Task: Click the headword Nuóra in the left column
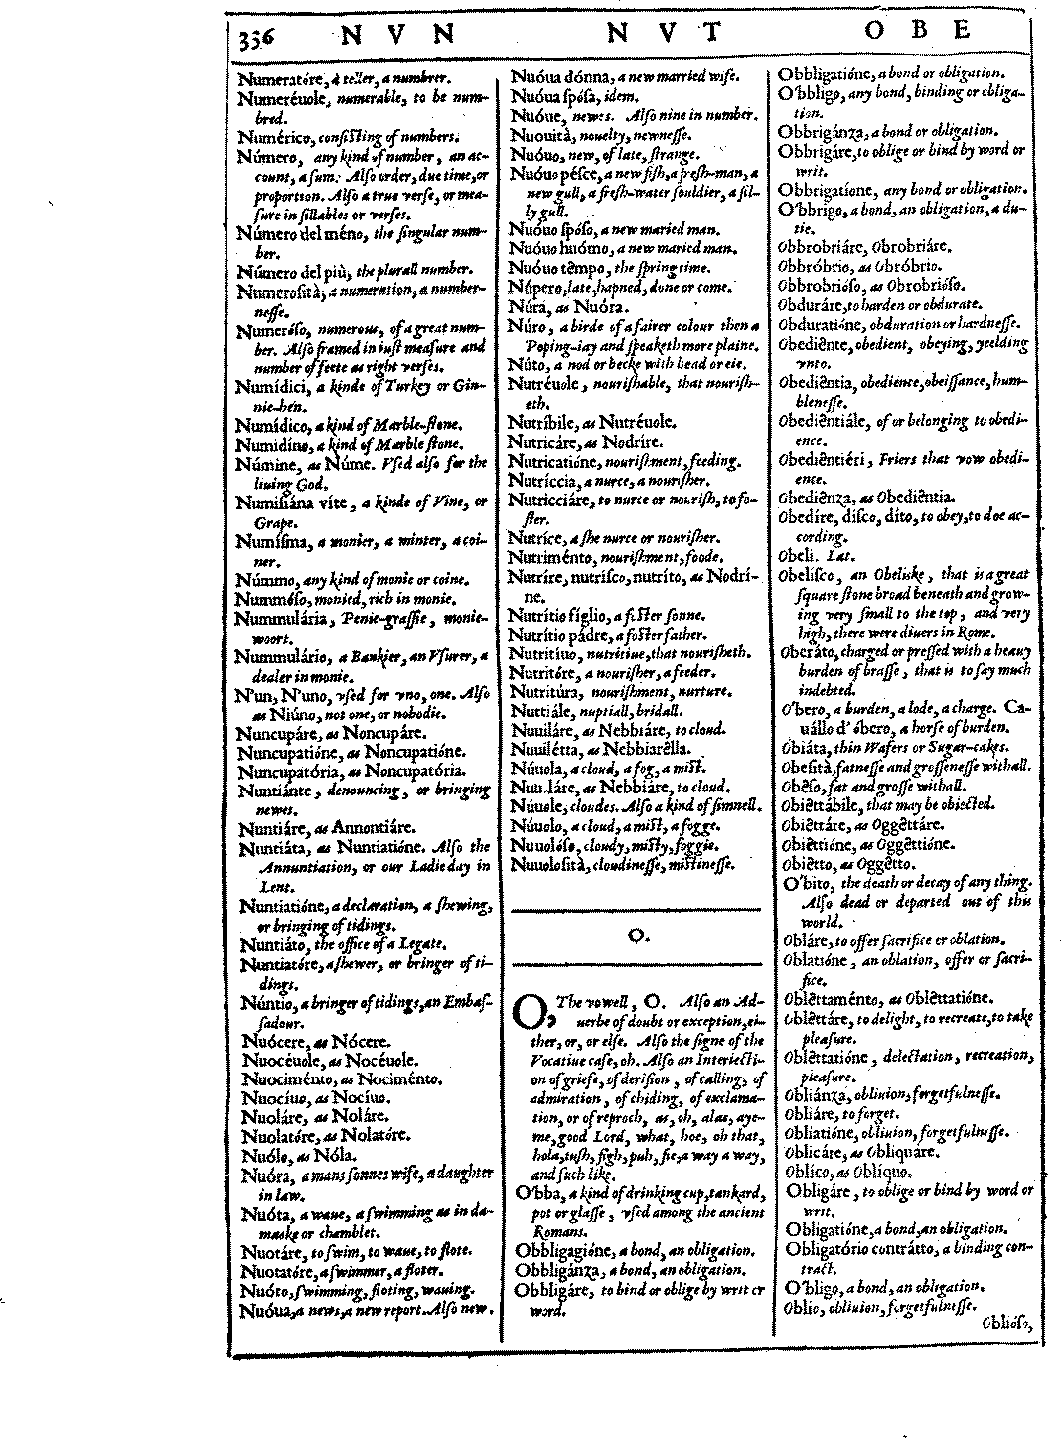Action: pos(263,1175)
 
